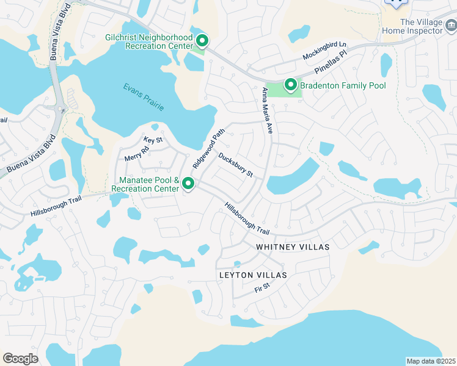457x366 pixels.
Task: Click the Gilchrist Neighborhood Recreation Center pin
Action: click(202, 41)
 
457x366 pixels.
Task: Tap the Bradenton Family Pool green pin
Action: click(291, 85)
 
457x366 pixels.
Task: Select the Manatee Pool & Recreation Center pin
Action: click(188, 182)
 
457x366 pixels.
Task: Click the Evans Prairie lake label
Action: click(144, 96)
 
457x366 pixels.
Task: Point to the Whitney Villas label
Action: click(292, 247)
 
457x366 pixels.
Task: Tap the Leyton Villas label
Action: click(252, 276)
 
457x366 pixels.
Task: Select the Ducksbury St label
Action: click(236, 165)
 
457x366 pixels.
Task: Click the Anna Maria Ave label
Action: click(266, 110)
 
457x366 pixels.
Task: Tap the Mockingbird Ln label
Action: click(324, 51)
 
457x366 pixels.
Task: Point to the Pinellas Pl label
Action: click(334, 63)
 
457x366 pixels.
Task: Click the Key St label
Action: click(153, 140)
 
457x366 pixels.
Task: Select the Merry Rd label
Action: click(137, 153)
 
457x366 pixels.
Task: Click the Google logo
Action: click(20, 359)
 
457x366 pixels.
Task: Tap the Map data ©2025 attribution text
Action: click(431, 361)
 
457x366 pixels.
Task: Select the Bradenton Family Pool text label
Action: click(343, 85)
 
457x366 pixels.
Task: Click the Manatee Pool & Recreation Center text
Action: click(149, 185)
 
